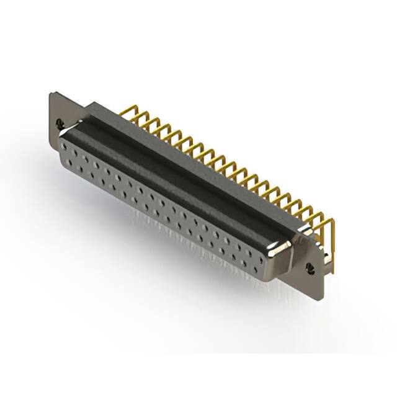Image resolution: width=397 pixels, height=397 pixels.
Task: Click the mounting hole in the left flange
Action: coord(60,123)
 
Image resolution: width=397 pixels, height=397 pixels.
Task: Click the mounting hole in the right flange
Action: coord(311,267)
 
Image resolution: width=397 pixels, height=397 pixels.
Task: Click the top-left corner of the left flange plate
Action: coord(51,94)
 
